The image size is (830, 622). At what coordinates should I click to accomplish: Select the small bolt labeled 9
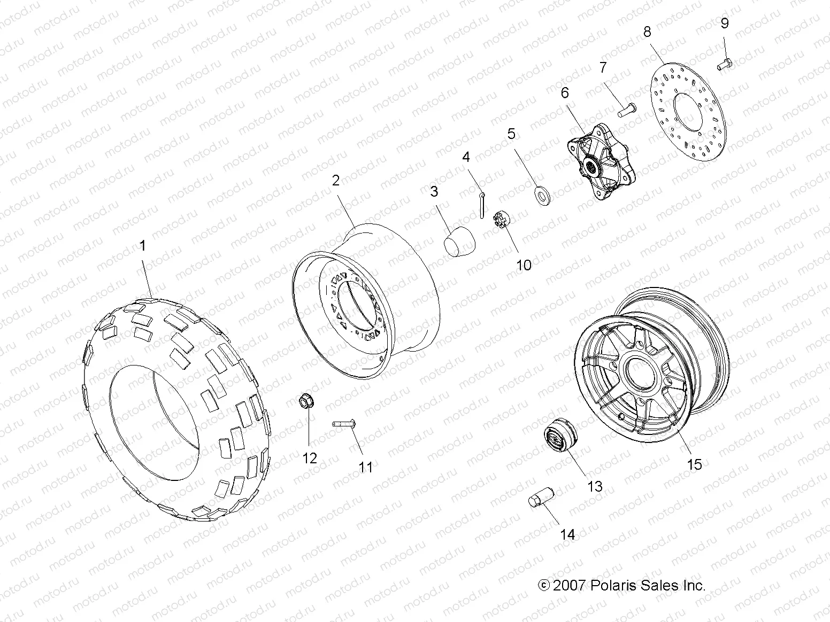[x=724, y=65]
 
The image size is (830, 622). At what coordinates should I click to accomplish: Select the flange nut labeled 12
[x=306, y=401]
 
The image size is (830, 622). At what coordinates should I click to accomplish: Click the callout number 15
[x=694, y=464]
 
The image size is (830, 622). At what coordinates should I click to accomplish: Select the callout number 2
[x=335, y=180]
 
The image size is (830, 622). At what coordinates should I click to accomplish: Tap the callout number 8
[x=647, y=32]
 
